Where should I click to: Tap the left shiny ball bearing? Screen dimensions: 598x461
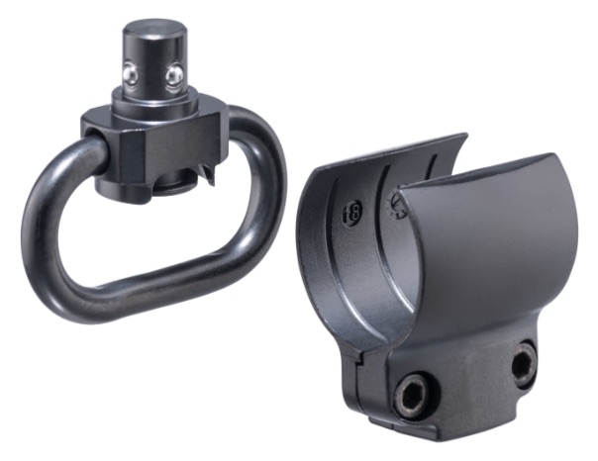130,74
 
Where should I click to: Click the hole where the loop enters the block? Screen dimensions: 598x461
90,138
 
